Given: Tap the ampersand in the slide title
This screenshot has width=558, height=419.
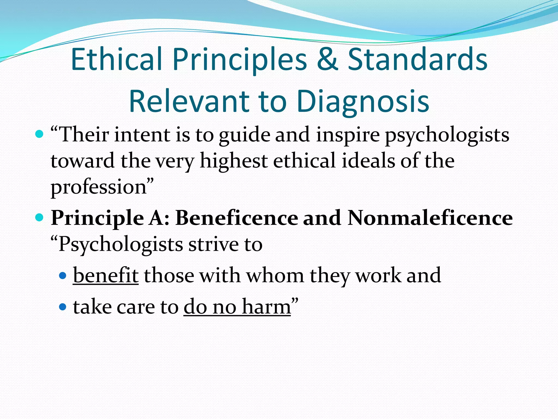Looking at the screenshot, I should pos(327,59).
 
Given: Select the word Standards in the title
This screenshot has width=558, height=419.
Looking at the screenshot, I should pos(417,59).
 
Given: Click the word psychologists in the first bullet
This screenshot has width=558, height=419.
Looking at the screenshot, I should pos(447,136).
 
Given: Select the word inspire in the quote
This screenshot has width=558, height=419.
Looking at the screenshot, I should pos(348,136).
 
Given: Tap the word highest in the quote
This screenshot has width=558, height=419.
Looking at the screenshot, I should pos(233,161).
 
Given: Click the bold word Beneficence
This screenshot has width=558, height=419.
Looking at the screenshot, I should pos(237,218).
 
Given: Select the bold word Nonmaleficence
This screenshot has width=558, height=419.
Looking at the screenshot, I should pos(430,218).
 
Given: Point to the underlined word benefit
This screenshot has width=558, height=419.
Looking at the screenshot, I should pos(106,276).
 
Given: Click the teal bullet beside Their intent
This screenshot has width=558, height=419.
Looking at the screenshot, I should pos(40,134).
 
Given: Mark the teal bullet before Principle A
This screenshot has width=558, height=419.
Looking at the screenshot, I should pos(40,217).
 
